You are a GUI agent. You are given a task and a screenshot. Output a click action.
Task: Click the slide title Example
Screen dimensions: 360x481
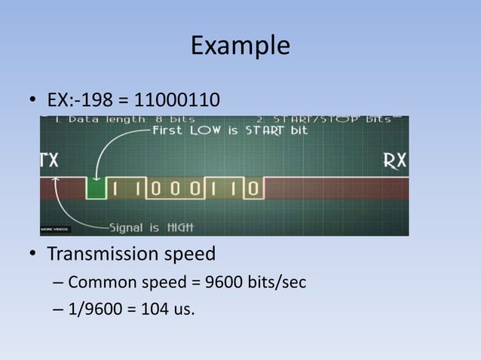coord(240,45)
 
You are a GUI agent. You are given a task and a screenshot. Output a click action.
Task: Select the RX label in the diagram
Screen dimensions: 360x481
coord(395,160)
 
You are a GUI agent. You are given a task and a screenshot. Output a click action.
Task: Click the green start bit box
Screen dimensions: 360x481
coord(96,188)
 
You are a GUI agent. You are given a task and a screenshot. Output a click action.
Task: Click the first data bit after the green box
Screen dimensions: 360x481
coord(115,188)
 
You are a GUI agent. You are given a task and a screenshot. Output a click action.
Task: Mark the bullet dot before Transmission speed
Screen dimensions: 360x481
coord(33,255)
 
